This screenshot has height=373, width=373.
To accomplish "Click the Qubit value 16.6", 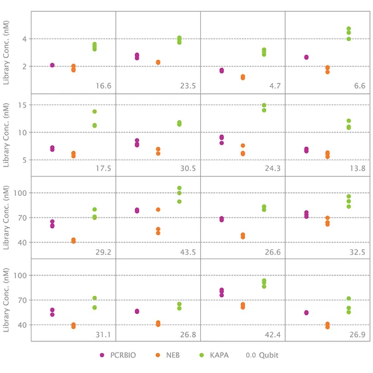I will point(104,86).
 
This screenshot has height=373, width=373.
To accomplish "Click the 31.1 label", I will point(104,334).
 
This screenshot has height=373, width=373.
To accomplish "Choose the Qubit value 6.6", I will point(359,86).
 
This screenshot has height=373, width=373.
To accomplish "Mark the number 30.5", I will point(188,168).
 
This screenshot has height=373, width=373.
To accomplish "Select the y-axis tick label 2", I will point(24,67).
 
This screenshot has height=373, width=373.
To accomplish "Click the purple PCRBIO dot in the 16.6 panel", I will point(52,65).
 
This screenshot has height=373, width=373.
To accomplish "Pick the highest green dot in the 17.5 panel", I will point(94,111).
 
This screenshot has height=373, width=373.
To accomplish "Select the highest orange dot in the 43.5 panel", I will point(158,210).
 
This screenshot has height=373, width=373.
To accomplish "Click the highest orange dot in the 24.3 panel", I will point(242,145).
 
